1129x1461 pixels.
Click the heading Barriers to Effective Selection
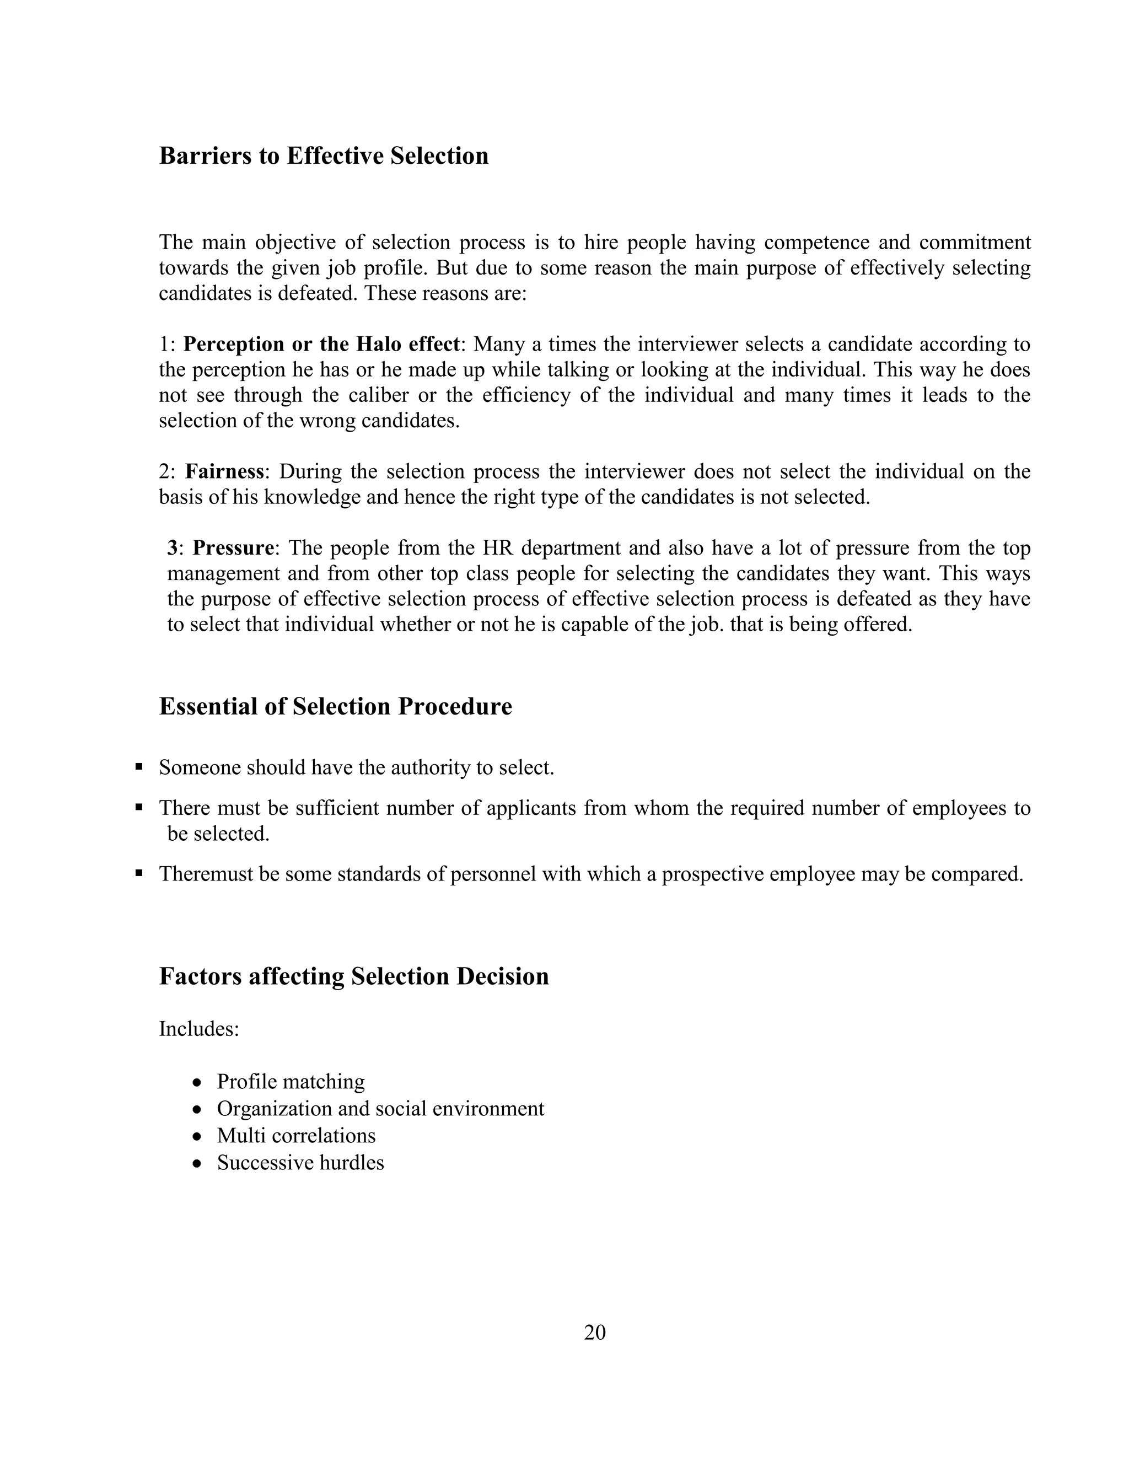tap(324, 156)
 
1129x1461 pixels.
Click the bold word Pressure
tap(233, 548)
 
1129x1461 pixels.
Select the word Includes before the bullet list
tap(198, 1029)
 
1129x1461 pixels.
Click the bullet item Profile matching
tap(291, 1082)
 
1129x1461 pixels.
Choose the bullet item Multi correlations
tap(295, 1135)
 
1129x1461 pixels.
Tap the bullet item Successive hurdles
tap(300, 1163)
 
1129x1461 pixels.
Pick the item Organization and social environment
tap(380, 1109)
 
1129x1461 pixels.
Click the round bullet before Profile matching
tap(197, 1083)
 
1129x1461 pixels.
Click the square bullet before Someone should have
tap(139, 767)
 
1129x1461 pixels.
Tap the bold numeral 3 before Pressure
tap(172, 548)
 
